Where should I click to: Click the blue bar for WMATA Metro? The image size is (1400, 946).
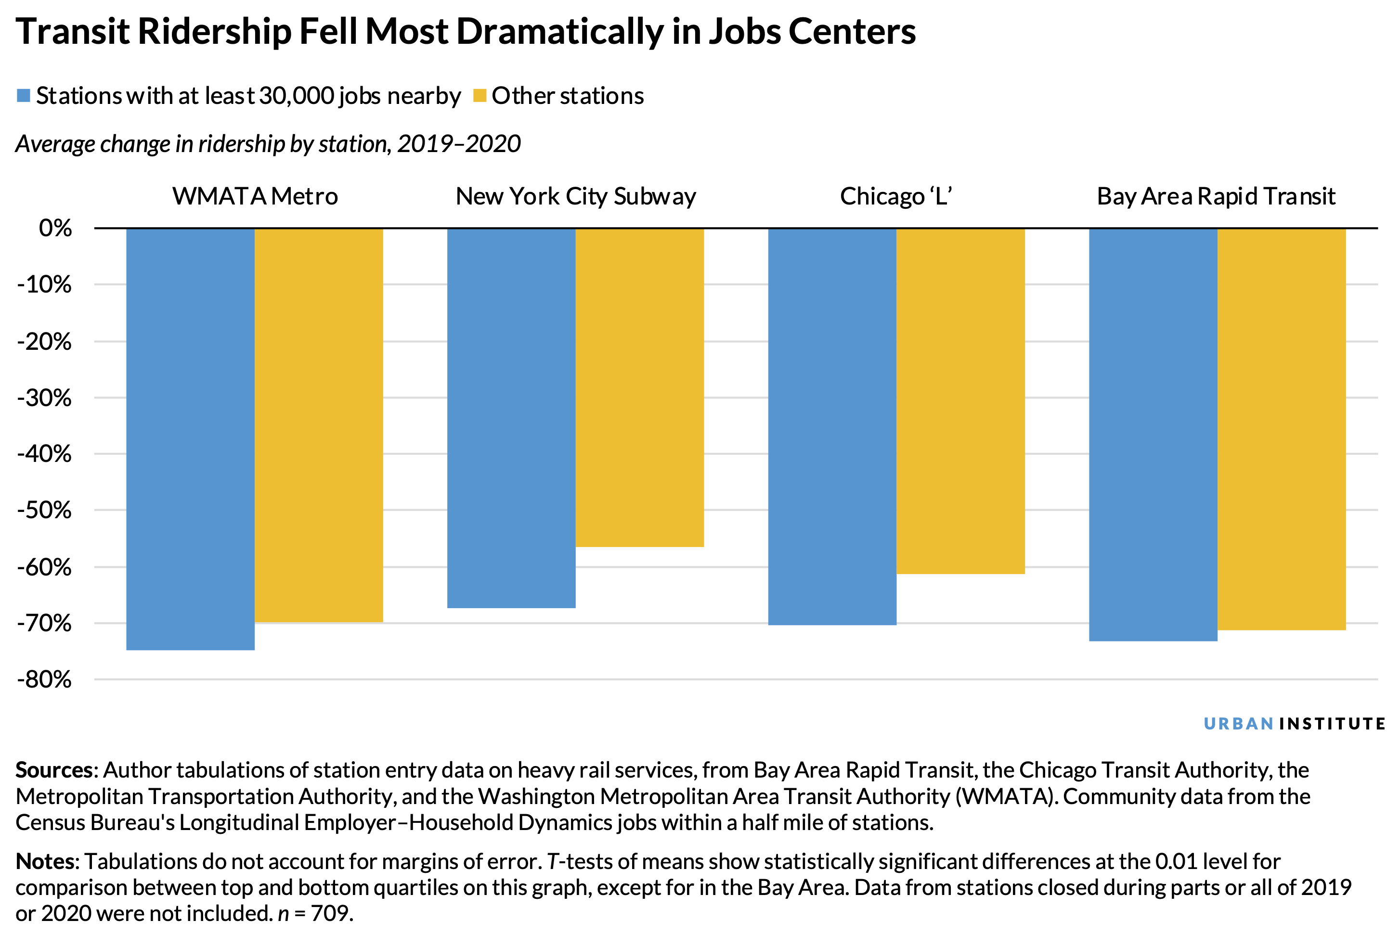190,438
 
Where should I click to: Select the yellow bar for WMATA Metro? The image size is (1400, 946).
319,424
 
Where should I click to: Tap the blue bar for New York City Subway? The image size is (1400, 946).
511,417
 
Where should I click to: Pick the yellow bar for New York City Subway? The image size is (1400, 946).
639,387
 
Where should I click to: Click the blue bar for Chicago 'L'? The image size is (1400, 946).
832,426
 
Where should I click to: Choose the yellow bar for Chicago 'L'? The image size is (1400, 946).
960,400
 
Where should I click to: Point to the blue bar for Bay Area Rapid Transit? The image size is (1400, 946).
1153,434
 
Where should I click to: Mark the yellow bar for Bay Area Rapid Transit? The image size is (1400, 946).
1281,429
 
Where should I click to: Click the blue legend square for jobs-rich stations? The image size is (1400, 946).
24,96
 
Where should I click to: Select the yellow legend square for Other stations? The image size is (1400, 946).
480,96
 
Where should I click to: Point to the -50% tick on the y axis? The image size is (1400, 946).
45,510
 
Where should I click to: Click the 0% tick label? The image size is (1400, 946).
55,228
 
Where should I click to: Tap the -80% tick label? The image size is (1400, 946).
45,679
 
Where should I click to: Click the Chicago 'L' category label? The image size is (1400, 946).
896,196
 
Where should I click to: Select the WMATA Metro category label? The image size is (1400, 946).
255,196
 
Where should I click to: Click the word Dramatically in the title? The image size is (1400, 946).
559,31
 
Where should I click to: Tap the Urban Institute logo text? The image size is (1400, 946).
1294,723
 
